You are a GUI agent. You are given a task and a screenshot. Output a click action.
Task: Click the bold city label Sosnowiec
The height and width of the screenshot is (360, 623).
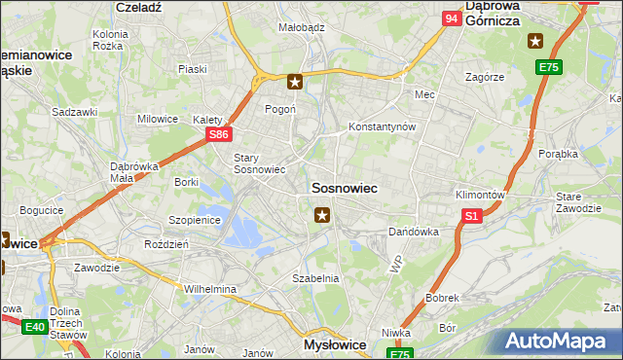coord(344,186)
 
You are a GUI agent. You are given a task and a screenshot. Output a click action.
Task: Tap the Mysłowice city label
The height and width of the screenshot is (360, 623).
coord(332,344)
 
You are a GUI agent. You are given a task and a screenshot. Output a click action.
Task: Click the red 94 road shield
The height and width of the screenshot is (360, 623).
coord(452,18)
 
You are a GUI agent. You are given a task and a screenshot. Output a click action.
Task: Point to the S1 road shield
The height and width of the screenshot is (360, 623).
coord(472,217)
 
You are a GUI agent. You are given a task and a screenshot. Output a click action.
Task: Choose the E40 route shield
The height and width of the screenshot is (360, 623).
coord(36,327)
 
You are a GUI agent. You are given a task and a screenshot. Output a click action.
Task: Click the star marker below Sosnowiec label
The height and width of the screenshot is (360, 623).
coord(323,214)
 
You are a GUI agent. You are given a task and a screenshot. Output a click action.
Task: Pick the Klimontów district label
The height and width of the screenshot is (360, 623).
coord(480,194)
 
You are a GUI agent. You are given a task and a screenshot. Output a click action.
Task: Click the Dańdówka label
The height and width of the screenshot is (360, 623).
coord(414,232)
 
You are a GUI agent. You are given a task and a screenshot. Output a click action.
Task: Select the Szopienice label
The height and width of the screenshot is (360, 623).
coord(196,220)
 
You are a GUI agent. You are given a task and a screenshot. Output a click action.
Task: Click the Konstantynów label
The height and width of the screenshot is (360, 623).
coord(383,126)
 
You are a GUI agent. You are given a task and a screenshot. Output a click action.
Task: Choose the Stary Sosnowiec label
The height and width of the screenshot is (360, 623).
coord(259,162)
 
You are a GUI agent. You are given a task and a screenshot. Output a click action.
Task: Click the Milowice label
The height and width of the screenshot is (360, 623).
coord(157,119)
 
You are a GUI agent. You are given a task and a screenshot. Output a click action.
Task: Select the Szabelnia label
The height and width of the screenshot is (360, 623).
coord(315,277)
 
